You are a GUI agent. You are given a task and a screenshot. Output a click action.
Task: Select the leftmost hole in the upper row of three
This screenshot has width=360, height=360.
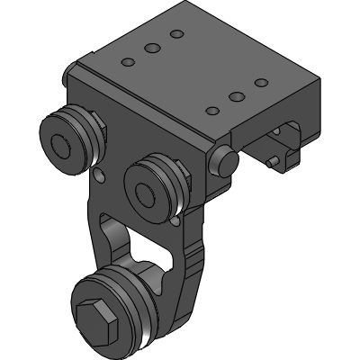129,62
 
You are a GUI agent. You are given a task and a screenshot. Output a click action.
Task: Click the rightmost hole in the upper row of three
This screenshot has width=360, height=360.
176,34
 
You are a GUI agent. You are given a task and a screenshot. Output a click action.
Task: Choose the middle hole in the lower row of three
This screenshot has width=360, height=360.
237,95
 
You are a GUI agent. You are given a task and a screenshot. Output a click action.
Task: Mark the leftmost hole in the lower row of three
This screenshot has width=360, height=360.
212,111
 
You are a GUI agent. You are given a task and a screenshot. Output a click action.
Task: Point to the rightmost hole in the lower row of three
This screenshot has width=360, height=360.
261,82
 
